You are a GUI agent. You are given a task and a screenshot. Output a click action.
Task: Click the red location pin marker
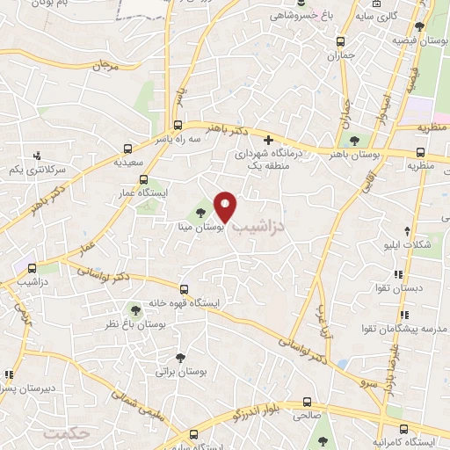227,207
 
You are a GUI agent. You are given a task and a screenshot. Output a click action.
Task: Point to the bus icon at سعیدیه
128,149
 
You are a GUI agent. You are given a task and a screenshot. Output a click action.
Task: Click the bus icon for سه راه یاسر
178,125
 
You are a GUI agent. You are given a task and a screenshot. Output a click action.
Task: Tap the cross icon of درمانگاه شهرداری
269,141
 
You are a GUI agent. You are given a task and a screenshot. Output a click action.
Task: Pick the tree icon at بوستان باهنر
354,141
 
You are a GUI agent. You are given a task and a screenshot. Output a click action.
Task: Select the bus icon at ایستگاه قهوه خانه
184,288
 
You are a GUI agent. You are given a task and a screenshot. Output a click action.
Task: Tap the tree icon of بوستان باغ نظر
134,309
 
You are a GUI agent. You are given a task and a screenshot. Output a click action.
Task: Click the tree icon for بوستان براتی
180,358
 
